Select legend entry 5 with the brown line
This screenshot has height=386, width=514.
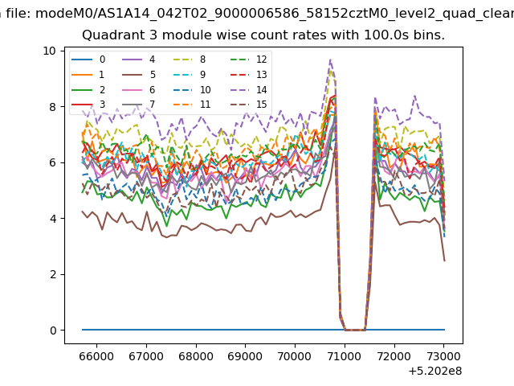139,75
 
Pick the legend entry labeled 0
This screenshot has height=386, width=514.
88,60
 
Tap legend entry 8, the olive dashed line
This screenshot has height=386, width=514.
190,60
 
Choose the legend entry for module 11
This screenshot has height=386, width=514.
191,105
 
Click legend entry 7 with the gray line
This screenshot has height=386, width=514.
138,105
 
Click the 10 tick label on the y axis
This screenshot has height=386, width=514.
49,51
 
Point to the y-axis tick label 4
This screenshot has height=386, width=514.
53,219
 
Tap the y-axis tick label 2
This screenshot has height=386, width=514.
53,274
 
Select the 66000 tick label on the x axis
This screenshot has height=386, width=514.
96,356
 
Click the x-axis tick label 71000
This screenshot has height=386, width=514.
345,356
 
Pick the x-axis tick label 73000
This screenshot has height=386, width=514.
444,356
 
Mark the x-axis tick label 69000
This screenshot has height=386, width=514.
245,356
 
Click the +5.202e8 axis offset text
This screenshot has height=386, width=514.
435,372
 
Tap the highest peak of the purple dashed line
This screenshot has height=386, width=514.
330,60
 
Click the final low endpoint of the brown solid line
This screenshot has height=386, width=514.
444,261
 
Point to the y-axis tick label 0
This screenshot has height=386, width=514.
53,331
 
